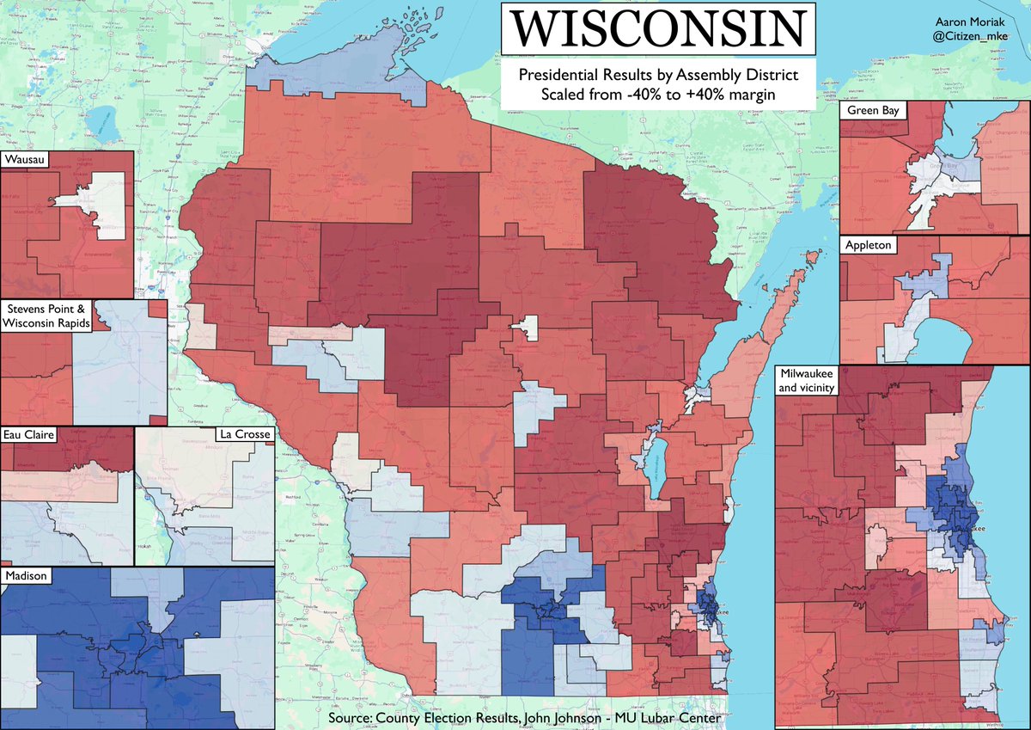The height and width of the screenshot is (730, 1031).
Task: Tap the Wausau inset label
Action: [x=27, y=160]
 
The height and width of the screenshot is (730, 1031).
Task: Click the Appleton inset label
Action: [x=869, y=245]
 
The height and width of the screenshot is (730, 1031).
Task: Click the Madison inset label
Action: [x=27, y=575]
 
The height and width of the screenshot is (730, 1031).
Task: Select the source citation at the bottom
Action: [x=524, y=718]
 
